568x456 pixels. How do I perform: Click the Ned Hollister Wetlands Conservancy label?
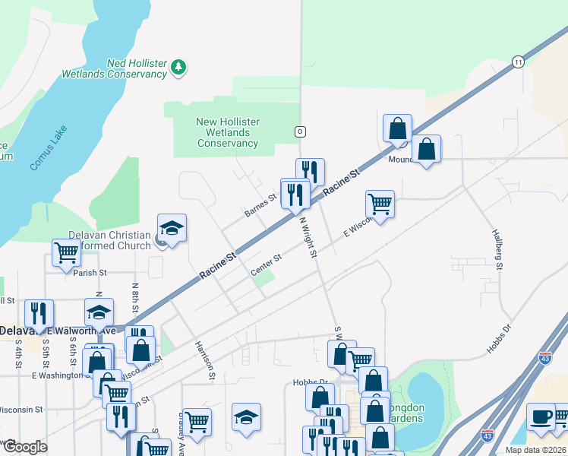[x=114, y=68]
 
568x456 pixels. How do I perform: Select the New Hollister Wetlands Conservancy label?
[x=228, y=132]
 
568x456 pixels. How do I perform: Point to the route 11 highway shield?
[x=518, y=61]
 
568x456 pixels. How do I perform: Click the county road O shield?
[x=301, y=131]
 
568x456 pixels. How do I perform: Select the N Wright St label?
[x=308, y=237]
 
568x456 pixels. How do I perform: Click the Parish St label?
[x=92, y=272]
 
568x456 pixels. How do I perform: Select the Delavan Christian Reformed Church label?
[x=110, y=240]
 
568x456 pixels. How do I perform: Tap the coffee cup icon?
[x=540, y=416]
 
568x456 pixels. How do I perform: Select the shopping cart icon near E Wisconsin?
[x=380, y=203]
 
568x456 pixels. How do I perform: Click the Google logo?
[x=25, y=448]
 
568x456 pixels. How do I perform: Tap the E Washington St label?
[x=57, y=375]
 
